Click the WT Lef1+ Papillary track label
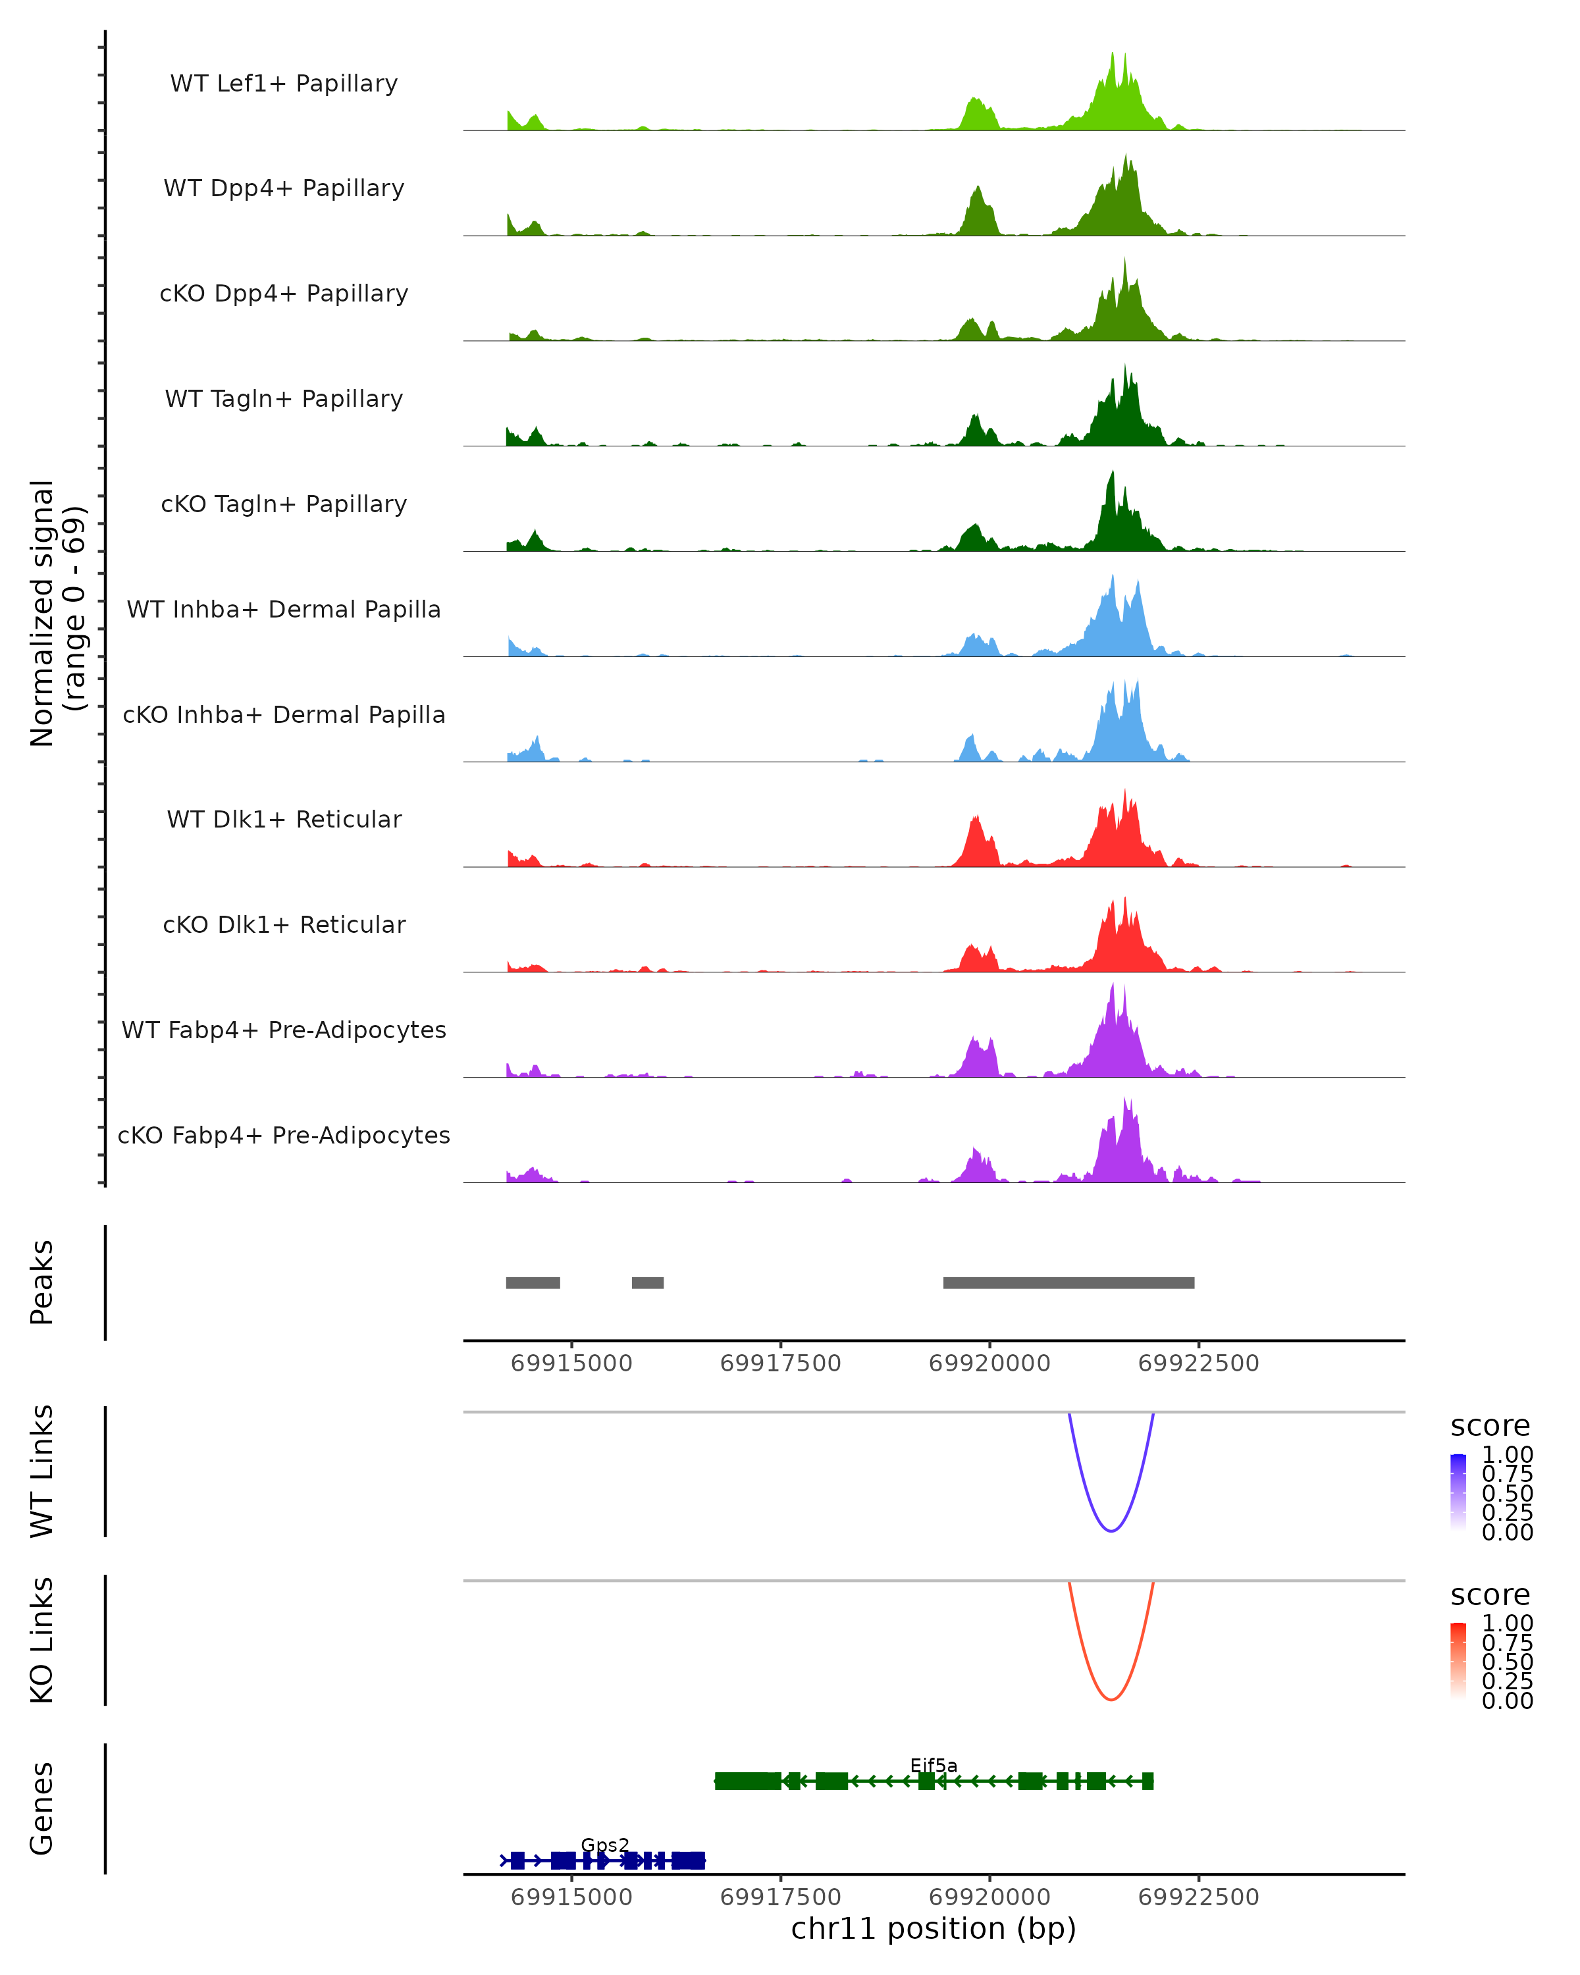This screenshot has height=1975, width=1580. (284, 84)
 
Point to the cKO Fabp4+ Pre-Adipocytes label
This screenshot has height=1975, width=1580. (284, 1135)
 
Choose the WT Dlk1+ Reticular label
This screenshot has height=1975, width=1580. (284, 819)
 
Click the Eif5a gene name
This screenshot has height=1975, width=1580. (934, 1765)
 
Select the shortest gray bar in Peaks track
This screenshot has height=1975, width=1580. (648, 1282)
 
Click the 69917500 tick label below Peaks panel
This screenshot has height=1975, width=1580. (780, 1363)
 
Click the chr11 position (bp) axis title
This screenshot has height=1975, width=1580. (934, 1928)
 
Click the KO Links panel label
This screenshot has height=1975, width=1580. (42, 1640)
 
